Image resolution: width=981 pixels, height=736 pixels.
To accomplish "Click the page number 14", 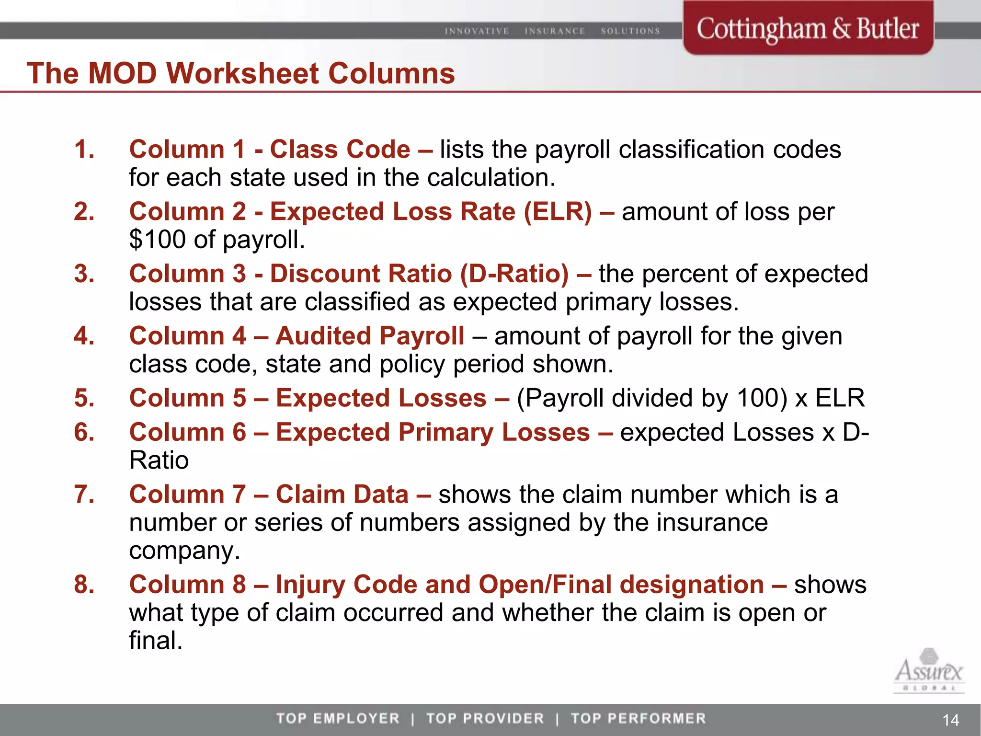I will [x=950, y=720].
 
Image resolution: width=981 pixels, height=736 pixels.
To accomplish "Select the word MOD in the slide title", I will [x=123, y=73].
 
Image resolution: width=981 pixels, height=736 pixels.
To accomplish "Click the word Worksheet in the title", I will [x=242, y=73].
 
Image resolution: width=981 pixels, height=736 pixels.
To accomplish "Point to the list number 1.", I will [x=84, y=149].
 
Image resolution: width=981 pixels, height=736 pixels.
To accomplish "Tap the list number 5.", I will [x=84, y=398].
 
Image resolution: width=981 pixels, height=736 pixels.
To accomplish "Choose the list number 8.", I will [x=84, y=585].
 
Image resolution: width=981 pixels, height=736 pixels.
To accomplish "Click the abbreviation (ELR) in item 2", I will [x=558, y=212].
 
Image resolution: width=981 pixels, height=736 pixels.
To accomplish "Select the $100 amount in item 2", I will [x=157, y=240].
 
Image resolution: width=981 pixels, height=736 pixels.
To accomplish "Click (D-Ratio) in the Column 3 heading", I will [x=514, y=274].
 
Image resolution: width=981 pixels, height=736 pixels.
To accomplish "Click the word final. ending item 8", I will [x=156, y=641].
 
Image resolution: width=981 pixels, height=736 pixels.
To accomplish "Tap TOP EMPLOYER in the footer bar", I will [x=338, y=718].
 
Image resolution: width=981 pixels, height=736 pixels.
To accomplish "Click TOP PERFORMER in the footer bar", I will [x=638, y=718].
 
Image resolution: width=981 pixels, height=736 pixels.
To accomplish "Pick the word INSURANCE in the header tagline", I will [x=555, y=31].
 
